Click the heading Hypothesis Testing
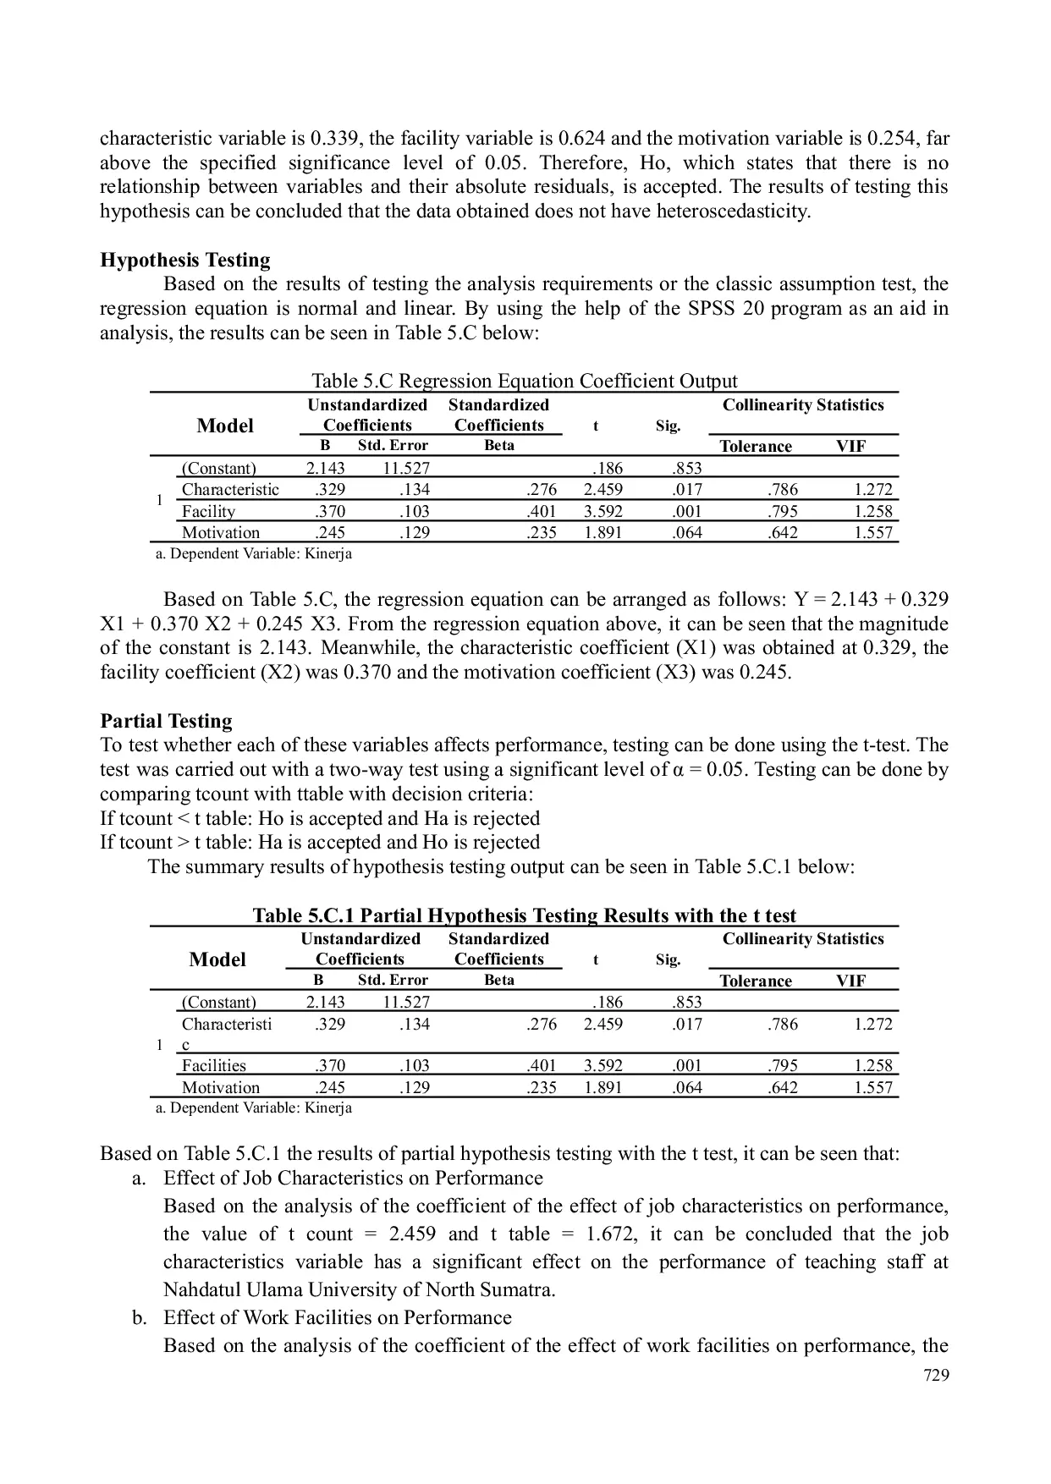[x=184, y=260]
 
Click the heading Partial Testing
[x=166, y=721]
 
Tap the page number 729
[x=935, y=1375]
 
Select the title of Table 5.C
[x=524, y=381]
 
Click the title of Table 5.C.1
[x=524, y=915]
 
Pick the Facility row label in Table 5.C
[x=208, y=511]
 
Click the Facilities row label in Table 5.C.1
[x=213, y=1065]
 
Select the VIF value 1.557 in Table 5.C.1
[x=872, y=1087]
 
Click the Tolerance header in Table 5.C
[x=755, y=447]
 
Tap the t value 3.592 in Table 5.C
[x=603, y=511]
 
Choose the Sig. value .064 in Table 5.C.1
[x=686, y=1087]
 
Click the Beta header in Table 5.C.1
[x=498, y=981]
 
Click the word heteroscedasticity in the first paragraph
[x=726, y=211]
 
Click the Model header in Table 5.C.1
[x=217, y=959]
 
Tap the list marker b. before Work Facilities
[x=140, y=1317]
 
